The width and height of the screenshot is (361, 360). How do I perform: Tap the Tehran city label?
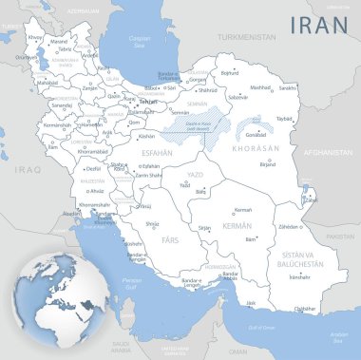coord(147,101)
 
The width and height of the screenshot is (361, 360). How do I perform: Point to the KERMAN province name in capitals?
coord(235,226)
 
